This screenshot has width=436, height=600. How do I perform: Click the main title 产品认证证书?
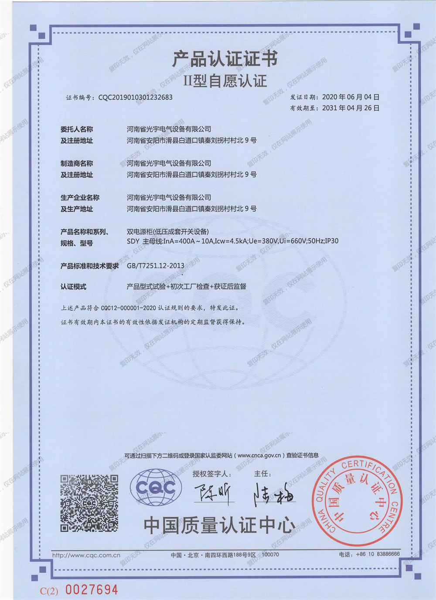click(225, 59)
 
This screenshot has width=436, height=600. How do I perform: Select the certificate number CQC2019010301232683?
click(136, 97)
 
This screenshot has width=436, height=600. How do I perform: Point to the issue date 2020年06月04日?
click(351, 97)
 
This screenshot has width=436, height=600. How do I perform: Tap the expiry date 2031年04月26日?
click(351, 108)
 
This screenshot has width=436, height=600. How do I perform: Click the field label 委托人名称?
click(77, 129)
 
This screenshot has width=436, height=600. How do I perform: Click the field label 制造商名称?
click(77, 163)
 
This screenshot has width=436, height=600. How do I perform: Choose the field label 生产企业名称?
click(80, 197)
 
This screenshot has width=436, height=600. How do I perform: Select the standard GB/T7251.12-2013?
click(155, 265)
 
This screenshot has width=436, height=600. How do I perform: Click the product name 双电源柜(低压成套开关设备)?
click(167, 231)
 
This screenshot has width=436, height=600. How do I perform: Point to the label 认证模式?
click(73, 286)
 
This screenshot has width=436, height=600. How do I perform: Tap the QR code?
click(89, 503)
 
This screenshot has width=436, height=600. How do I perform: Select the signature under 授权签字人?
click(214, 494)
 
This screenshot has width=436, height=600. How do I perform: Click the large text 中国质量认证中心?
click(219, 525)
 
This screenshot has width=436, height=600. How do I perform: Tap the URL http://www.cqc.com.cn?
click(86, 555)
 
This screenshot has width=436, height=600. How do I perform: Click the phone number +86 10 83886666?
click(377, 554)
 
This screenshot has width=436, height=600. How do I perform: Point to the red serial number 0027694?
click(92, 590)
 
